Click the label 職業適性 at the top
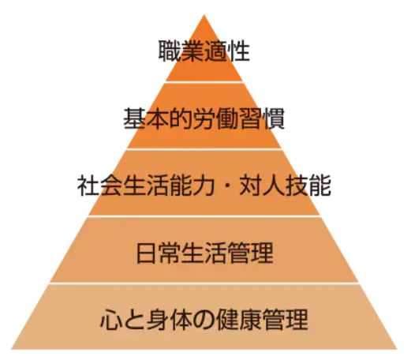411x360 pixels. [x=204, y=51]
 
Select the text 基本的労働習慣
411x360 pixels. [x=204, y=118]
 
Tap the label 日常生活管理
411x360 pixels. [x=204, y=253]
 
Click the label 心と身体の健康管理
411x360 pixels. [x=204, y=320]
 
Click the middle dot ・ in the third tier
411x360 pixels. [x=227, y=186]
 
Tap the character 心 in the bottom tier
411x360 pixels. [x=111, y=321]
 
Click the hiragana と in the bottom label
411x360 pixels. [x=135, y=321]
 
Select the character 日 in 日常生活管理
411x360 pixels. [x=146, y=253]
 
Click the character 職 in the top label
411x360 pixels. [x=170, y=51]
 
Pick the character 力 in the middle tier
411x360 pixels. [x=204, y=186]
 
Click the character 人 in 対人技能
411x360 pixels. [x=274, y=186]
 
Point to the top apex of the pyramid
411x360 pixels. [x=204, y=15]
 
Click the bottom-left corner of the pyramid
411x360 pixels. [x=11, y=349]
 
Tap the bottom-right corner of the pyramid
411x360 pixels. [x=398, y=349]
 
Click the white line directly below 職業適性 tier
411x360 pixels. [x=204, y=82]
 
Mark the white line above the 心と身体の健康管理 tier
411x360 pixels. [x=204, y=283]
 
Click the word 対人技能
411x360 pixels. [x=286, y=186]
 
